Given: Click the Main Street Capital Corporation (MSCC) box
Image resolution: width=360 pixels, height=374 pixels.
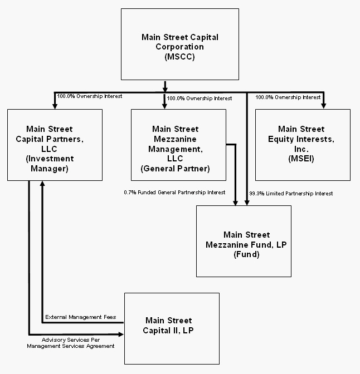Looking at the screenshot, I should click(x=180, y=45).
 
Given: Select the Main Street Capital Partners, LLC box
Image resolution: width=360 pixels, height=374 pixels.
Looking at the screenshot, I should click(x=55, y=145).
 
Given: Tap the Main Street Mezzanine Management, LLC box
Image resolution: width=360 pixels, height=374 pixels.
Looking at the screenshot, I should click(x=178, y=145).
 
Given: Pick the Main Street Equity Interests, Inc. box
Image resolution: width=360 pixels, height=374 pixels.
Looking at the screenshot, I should click(x=302, y=145).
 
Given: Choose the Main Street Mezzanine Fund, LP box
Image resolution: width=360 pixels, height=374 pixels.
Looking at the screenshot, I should click(x=244, y=241).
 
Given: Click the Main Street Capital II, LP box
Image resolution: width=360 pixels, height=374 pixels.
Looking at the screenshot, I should click(x=172, y=328).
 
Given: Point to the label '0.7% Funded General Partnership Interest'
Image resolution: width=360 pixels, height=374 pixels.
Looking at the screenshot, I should click(x=174, y=193).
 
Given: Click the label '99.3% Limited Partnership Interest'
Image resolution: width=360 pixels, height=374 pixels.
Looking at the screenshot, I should click(x=291, y=193).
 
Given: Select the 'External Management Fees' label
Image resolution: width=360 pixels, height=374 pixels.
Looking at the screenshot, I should click(x=80, y=317).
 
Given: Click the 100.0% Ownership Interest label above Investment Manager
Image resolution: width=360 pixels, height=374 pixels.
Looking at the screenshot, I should click(x=90, y=96).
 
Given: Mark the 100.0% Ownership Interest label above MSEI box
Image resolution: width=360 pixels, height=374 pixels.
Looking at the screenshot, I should click(x=288, y=97).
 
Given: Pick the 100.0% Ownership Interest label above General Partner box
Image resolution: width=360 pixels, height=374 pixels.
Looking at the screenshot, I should click(x=200, y=99).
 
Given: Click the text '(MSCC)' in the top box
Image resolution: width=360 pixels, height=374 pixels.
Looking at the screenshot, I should click(x=179, y=57).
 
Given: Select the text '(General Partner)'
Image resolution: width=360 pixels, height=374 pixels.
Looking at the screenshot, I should click(x=178, y=168).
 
